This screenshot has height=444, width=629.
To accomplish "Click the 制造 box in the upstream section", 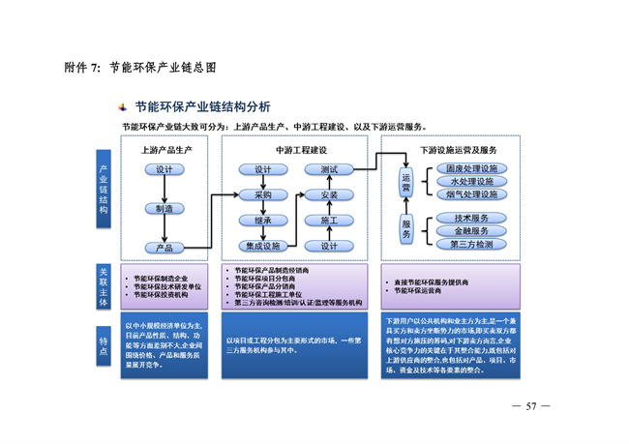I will (x=165, y=209).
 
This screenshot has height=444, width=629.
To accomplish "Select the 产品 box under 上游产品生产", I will (x=165, y=247).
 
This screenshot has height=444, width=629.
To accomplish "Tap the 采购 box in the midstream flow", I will (x=263, y=195).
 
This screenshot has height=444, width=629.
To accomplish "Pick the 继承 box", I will (x=263, y=221).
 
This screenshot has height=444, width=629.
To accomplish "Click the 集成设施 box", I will (x=263, y=247).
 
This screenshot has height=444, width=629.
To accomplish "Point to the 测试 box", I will (x=329, y=170).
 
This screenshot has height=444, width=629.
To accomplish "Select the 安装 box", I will (x=329, y=195).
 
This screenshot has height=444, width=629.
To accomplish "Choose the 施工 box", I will (x=329, y=221).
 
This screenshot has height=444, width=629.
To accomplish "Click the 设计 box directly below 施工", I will (x=329, y=247).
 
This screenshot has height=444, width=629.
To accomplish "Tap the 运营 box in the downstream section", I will (x=406, y=182).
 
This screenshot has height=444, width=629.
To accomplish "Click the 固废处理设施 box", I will (x=471, y=169).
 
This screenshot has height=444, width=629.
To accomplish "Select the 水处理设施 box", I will (x=471, y=182).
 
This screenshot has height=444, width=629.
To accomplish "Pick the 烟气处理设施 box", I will (x=471, y=194).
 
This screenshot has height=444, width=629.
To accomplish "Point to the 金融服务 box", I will (x=471, y=231).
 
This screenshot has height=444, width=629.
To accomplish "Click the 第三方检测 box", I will (x=471, y=245).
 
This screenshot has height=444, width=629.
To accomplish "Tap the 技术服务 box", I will (x=471, y=219).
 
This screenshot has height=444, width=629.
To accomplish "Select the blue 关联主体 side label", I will (x=105, y=286).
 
